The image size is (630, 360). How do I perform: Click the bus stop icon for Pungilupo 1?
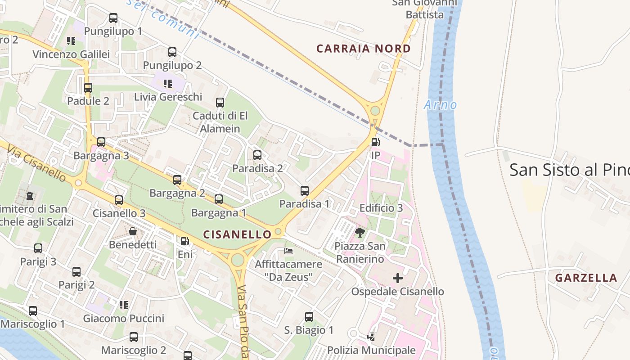click(113, 18)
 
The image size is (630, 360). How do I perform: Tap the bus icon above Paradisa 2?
click(257, 155)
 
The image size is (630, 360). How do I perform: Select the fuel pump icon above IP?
click(375, 142)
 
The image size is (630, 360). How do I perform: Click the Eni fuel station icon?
click(185, 241)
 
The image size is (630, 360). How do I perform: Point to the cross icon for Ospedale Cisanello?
click(398, 278)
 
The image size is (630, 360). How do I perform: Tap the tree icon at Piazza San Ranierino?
click(360, 232)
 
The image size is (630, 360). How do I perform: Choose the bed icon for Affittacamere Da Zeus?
click(288, 251)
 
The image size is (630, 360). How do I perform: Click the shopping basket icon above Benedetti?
click(133, 231)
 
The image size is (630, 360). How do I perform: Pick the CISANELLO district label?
click(237, 234)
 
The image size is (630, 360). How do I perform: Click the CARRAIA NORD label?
click(364, 49)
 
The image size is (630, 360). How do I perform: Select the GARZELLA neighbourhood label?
click(586, 278)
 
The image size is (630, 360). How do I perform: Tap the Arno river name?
click(440, 105)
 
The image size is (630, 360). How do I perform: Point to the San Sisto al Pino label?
click(569, 170)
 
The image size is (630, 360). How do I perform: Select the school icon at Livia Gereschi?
click(168, 83)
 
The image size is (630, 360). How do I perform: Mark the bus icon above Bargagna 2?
click(177, 180)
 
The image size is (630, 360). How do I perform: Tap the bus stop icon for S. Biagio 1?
click(309, 316)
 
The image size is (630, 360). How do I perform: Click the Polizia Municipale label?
click(371, 350)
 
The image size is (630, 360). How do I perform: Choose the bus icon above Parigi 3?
click(38, 248)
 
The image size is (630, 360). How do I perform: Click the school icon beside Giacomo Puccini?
click(124, 305)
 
